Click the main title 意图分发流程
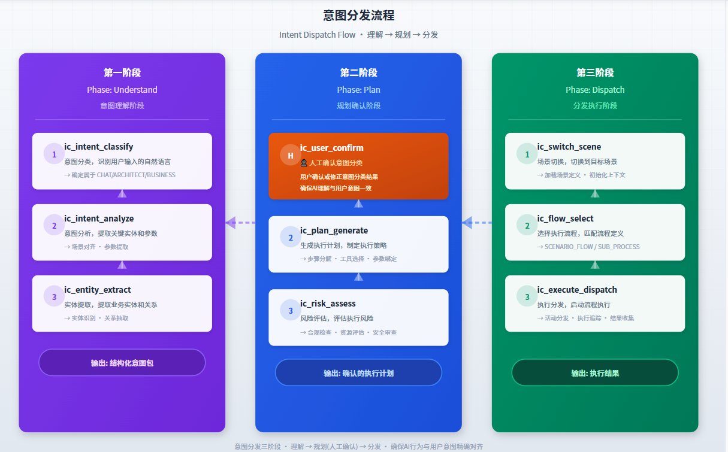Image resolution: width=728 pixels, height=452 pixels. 358,15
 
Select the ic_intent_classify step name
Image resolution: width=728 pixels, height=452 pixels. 98,147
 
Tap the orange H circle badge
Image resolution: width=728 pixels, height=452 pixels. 291,155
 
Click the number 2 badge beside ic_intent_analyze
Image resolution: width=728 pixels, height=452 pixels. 55,225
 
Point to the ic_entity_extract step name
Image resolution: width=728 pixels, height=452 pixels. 98,290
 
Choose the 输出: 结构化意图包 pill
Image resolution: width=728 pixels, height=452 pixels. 122,363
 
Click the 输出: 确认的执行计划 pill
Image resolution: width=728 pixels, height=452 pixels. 358,373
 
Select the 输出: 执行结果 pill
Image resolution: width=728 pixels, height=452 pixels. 595,373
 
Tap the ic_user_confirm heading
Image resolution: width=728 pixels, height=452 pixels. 331,148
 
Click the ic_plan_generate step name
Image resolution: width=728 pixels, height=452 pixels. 334,230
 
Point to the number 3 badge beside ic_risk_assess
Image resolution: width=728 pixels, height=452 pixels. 291,311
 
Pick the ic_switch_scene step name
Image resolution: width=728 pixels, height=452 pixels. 569,147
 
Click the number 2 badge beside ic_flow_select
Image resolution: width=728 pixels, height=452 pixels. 527,225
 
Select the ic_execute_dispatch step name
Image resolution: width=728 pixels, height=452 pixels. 577,290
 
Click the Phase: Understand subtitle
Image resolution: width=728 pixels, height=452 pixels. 122,90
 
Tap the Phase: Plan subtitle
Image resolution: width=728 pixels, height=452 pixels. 358,90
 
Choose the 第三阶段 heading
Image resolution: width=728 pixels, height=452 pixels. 595,72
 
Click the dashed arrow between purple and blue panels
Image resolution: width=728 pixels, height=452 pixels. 240,223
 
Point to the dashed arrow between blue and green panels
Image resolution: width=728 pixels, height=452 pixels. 477,223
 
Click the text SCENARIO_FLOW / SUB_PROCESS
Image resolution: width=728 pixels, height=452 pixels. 592,247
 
